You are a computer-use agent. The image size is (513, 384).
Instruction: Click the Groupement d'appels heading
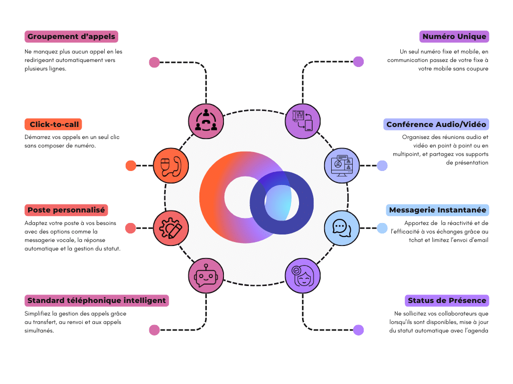point(71,36)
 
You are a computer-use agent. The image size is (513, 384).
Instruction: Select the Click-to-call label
point(54,124)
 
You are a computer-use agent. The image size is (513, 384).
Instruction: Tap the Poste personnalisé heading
point(66,210)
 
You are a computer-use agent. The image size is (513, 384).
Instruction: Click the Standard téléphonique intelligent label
point(97,300)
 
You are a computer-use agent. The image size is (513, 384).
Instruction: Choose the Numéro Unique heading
point(454,36)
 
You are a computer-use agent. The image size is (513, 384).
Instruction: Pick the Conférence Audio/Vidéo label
point(436,124)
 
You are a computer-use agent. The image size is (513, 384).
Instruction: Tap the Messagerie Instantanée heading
point(437,210)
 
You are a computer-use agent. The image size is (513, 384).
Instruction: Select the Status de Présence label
point(447,300)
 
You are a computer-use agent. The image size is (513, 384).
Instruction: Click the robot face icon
point(206,275)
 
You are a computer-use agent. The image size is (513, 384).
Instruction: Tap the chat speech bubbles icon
point(342,228)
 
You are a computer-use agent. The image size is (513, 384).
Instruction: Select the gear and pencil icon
point(170,228)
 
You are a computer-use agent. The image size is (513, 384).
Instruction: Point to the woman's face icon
point(302,275)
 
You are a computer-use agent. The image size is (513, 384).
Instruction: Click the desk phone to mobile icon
point(303,120)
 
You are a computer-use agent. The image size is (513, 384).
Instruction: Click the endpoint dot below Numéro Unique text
point(358,61)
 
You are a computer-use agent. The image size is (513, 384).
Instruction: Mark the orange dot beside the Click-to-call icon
point(131,165)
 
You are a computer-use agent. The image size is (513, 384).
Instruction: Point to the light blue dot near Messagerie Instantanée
point(382,228)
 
